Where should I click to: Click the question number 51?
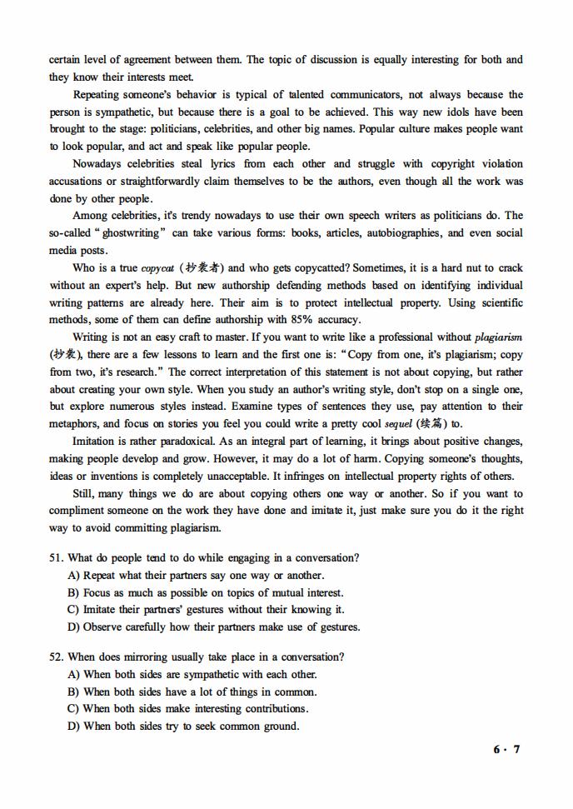coord(56,558)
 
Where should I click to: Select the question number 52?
coord(56,657)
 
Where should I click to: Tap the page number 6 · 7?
coord(506,749)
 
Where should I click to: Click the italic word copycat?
coord(156,268)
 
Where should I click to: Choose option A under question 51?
coord(73,576)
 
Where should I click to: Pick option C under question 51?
coord(73,610)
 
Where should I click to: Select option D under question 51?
coord(73,627)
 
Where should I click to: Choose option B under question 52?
coord(73,692)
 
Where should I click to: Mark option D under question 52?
coord(73,727)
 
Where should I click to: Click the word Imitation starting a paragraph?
coord(97,442)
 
